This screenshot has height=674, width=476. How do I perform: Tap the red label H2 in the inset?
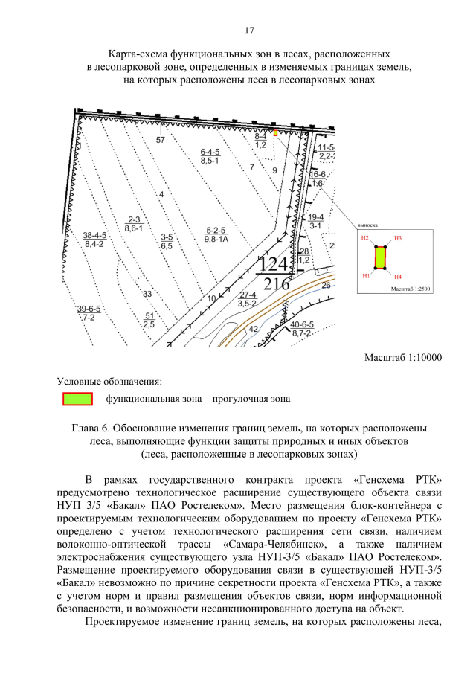pos(364,238)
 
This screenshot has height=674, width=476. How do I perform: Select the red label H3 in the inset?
pos(398,238)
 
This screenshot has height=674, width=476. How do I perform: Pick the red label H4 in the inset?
pos(399,275)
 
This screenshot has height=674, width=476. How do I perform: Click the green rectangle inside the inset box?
pos(380,257)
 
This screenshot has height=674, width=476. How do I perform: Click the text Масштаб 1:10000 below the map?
pos(402,358)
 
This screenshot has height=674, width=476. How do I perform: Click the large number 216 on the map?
pos(275,284)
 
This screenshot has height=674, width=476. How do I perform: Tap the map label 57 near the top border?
pos(160,140)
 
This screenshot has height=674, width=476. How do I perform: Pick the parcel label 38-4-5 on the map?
pos(94,235)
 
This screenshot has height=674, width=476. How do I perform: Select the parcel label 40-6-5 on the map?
pos(303,324)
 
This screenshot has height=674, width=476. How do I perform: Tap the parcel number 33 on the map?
pos(147,295)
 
